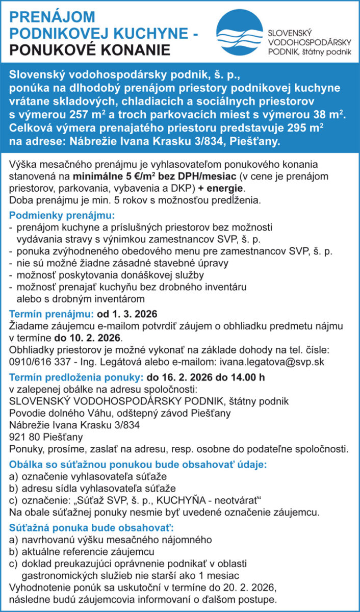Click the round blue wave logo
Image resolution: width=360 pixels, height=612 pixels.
click(239, 34)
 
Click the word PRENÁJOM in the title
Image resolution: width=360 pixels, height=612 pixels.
click(52, 17)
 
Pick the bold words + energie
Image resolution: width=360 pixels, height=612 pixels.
click(222, 188)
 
